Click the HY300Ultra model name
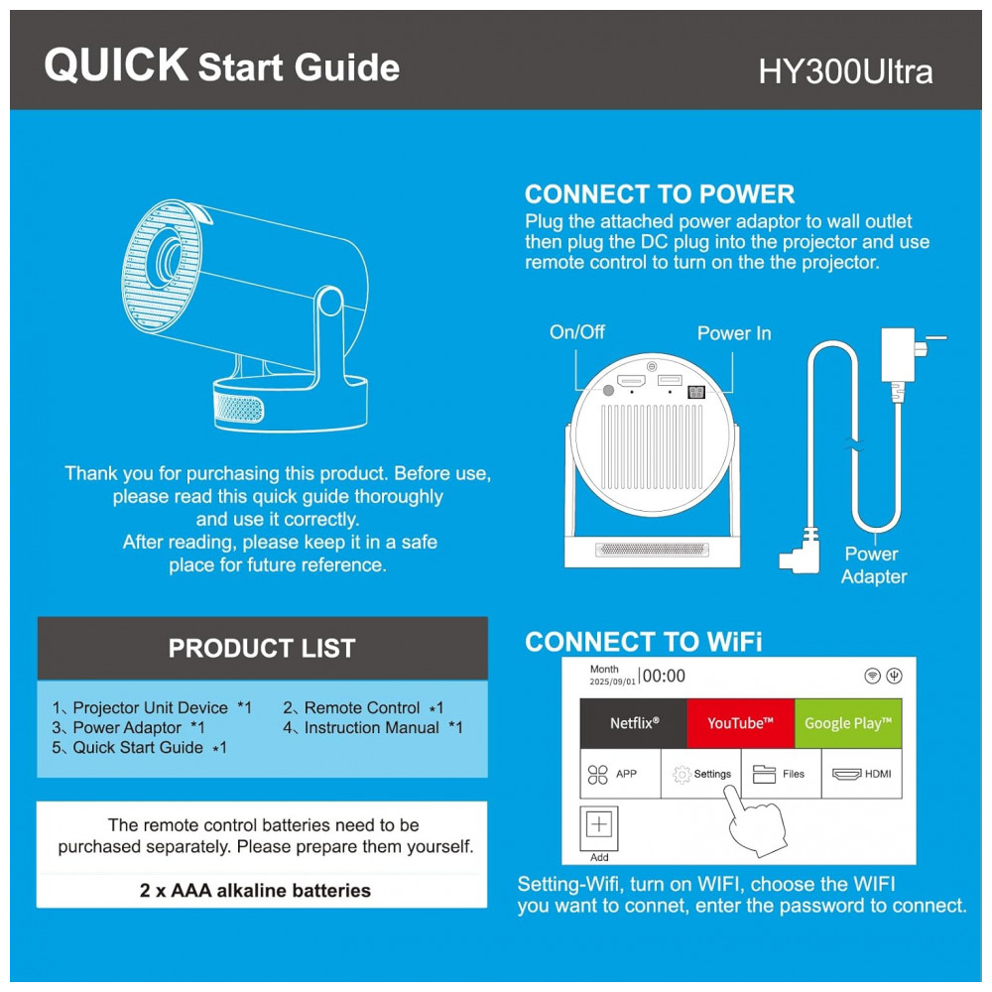point(845,71)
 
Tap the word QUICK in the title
point(116,64)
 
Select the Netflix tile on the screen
point(634,723)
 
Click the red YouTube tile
point(741,723)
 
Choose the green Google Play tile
point(848,723)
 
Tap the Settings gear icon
point(682,775)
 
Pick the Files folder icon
point(764,774)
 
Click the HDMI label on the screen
point(878,774)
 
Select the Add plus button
point(598,825)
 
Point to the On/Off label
point(577,331)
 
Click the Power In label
point(734,333)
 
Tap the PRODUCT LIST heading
point(262,649)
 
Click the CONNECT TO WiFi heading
point(644,642)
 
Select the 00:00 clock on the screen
point(664,677)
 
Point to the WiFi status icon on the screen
point(872,676)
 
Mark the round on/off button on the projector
point(608,390)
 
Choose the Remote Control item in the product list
point(363,708)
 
